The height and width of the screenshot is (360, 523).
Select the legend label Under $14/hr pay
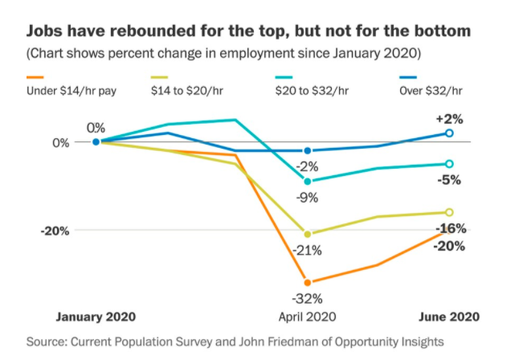[72, 91]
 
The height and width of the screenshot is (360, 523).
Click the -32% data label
[307, 298]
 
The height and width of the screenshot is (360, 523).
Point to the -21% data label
[307, 250]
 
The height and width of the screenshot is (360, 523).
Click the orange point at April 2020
[307, 282]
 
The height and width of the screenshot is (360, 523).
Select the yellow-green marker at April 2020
[307, 234]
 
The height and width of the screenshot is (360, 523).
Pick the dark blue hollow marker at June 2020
[449, 133]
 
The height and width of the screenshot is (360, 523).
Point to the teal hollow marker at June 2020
[449, 164]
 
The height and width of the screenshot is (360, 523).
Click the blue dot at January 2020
[96, 141]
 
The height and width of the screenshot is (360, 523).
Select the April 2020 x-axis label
[307, 317]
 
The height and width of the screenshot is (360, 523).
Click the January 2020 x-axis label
[95, 317]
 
